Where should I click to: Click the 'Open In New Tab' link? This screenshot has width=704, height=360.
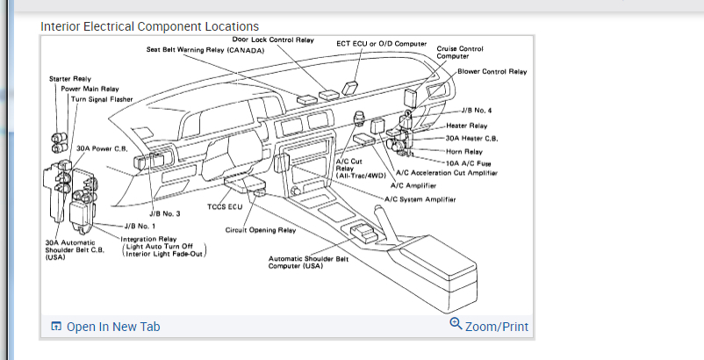(113, 327)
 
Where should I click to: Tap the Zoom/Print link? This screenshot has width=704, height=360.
(497, 327)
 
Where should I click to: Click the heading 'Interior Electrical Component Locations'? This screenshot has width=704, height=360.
(149, 26)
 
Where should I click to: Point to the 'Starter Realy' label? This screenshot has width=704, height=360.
(70, 79)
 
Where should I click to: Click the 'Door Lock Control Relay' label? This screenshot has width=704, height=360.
(273, 40)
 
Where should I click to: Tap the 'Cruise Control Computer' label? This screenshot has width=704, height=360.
(460, 52)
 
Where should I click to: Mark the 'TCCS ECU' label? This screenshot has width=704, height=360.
(224, 207)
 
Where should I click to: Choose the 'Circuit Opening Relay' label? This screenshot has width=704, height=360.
(261, 230)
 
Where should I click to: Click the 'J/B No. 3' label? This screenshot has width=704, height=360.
(164, 213)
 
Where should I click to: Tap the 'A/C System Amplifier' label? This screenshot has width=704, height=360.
(420, 198)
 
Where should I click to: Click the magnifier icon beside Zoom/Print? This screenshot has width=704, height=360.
(455, 323)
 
